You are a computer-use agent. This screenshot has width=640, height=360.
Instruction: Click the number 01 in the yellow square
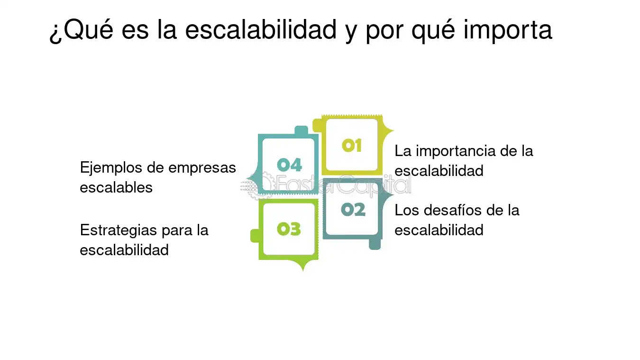(352, 145)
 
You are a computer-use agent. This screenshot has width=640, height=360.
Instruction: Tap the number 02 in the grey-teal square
(353, 209)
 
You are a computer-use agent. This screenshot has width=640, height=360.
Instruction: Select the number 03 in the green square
(289, 229)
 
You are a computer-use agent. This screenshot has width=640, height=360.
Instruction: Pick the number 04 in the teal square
(289, 165)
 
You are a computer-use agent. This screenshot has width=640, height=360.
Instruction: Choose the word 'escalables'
(116, 187)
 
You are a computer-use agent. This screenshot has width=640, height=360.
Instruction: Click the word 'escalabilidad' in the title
(260, 30)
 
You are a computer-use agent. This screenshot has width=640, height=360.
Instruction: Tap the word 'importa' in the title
(507, 30)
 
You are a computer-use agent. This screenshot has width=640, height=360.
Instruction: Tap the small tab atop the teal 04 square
(301, 130)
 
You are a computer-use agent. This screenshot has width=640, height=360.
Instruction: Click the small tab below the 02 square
(375, 245)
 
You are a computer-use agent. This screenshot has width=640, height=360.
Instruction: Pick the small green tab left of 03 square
(255, 236)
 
